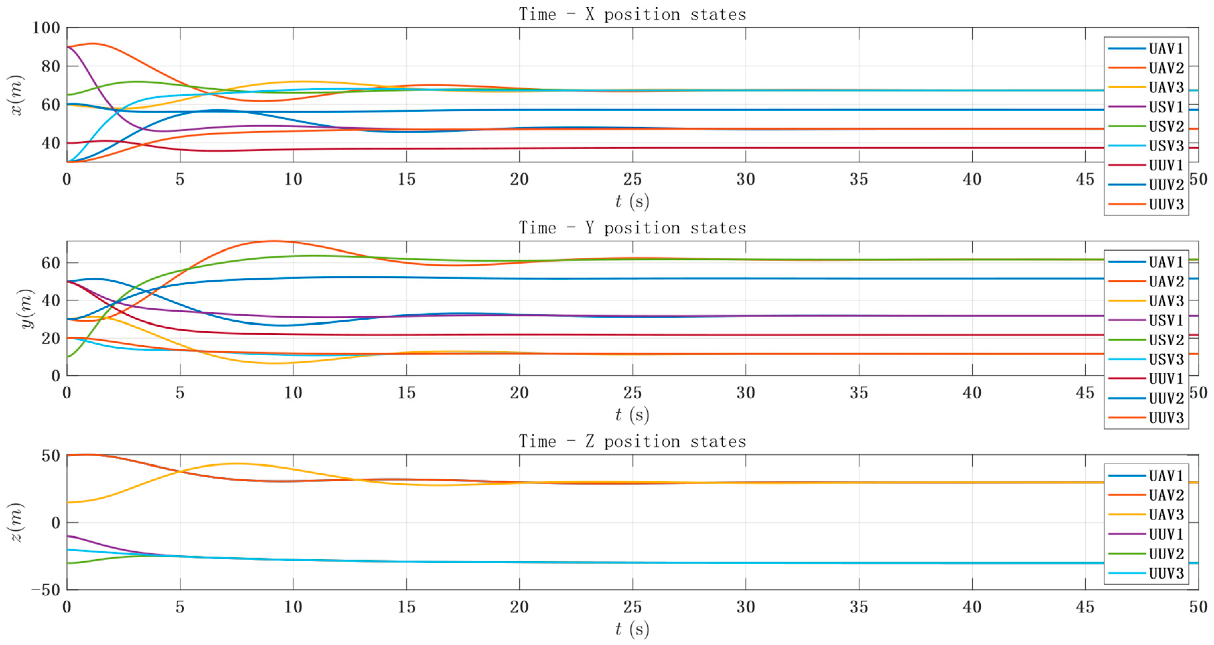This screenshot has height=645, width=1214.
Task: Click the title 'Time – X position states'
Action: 632,15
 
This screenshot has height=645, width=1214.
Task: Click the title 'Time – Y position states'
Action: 632,228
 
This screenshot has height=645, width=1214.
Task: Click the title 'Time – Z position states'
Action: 632,441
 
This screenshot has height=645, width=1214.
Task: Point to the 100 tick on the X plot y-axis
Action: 46,28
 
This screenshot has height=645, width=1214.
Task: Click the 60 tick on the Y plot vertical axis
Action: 51,263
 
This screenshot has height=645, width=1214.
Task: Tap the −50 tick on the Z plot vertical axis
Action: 46,590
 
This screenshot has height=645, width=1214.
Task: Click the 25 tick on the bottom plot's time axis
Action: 632,607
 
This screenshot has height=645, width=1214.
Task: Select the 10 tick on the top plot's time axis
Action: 293,179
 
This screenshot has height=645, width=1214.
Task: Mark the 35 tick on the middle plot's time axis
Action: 859,393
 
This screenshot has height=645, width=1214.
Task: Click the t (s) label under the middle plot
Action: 632,415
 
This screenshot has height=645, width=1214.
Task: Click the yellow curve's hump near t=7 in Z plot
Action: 236,464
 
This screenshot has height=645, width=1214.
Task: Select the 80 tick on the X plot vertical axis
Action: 51,66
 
